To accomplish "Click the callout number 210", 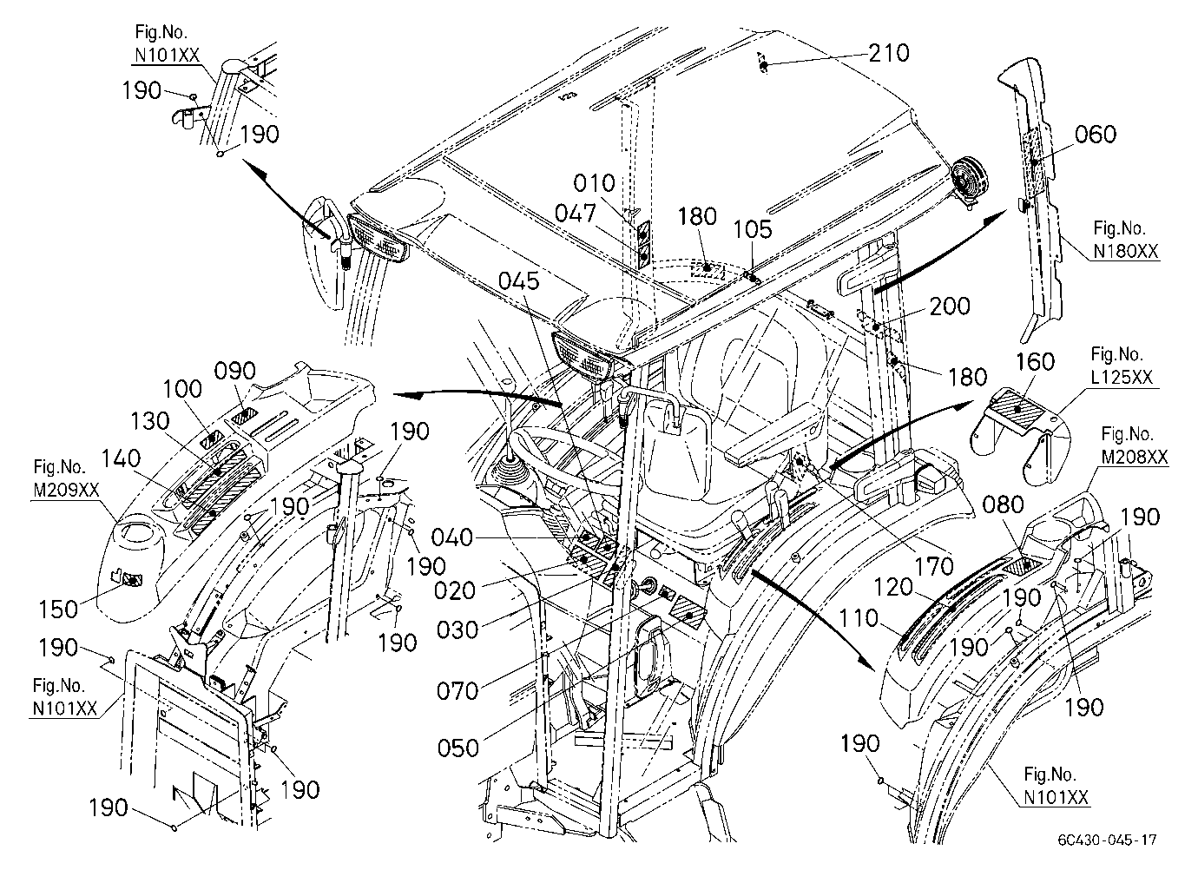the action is (x=888, y=53).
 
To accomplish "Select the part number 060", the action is (x=1096, y=135).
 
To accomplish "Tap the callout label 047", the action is (x=576, y=214).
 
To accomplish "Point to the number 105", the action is (x=753, y=229).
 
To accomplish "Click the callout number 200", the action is (x=950, y=306).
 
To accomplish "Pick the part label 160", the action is (x=1035, y=362).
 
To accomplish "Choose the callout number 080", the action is (x=1004, y=505).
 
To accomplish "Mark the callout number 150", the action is (x=58, y=610).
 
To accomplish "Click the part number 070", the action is (x=457, y=691).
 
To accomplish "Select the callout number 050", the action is (x=457, y=748).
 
